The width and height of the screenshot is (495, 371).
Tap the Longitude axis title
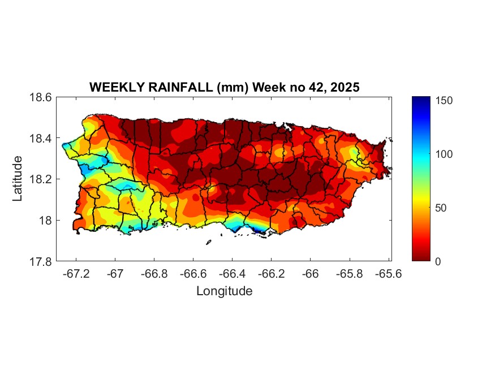(224, 291)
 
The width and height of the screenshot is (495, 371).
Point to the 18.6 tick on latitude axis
(41, 97)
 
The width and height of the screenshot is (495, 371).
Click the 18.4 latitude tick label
(41, 139)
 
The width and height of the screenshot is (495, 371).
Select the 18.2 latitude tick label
(41, 179)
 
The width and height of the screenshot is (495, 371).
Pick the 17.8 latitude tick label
(41, 261)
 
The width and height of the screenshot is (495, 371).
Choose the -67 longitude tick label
(115, 274)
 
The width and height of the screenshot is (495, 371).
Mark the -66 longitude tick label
(310, 274)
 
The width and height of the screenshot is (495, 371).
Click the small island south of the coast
(208, 243)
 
